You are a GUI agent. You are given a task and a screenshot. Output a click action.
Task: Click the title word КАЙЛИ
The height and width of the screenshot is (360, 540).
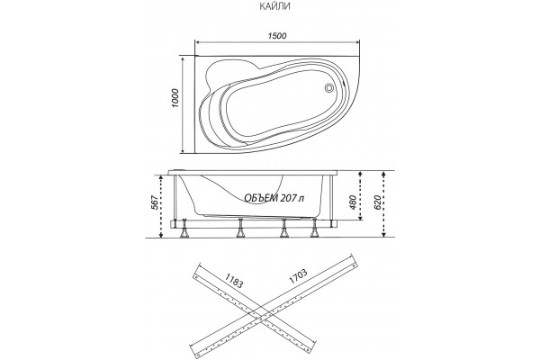point(274,6)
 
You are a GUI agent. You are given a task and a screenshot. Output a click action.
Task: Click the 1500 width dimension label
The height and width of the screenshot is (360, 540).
point(277,36)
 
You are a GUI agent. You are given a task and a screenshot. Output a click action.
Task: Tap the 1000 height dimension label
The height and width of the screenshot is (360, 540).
point(175,98)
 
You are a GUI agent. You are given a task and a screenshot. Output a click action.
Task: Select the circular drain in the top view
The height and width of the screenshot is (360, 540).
point(328,88)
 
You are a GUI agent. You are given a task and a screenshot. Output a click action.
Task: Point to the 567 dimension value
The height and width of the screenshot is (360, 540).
point(155,202)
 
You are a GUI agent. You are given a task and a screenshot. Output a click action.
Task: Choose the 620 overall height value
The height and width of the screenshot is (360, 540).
point(377,202)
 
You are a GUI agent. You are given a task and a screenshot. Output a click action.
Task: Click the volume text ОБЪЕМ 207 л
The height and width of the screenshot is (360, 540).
point(274,198)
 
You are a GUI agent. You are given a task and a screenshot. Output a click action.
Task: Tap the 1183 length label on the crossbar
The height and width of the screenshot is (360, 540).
point(235,281)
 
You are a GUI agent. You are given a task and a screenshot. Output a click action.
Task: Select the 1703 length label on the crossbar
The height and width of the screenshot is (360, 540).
point(298,276)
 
